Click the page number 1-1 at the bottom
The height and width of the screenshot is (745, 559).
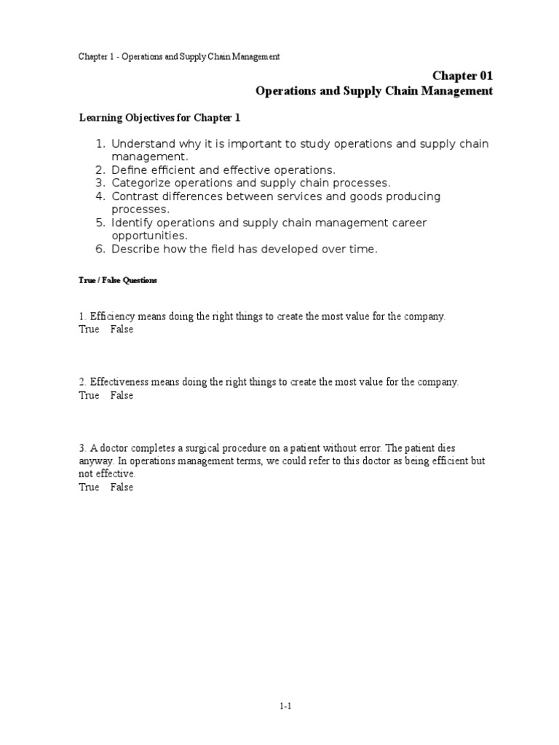(285, 705)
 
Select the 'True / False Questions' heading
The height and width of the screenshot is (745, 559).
(117, 280)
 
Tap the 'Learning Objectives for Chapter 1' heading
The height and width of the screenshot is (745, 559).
(159, 117)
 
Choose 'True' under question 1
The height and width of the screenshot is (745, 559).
(89, 330)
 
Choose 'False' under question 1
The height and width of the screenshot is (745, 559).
(122, 330)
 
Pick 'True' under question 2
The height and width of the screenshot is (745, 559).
(89, 396)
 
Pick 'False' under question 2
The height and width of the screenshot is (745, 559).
(122, 396)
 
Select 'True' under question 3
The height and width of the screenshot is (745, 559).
(89, 487)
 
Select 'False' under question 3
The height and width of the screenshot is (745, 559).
(122, 487)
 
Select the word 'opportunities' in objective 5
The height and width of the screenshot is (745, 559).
(149, 236)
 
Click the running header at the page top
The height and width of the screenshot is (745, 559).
(179, 56)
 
